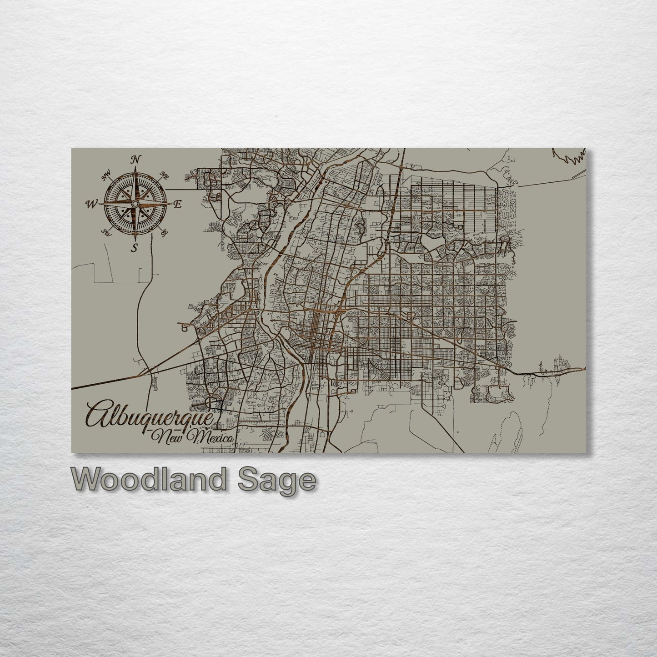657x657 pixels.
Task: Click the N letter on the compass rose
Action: (135, 159)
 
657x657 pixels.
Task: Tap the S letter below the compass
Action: (134, 248)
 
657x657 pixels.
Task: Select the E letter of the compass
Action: (178, 204)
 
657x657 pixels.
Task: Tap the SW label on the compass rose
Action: (106, 233)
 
